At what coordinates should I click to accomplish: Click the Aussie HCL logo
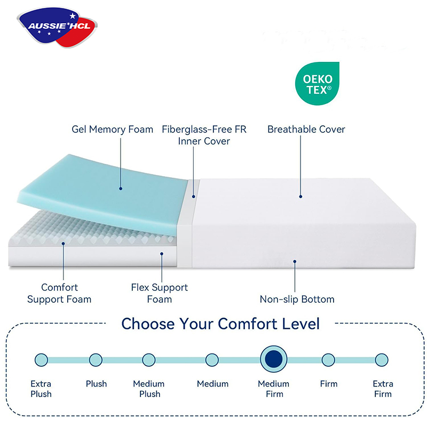pos(57,27)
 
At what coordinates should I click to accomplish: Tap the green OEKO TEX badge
pos(318,84)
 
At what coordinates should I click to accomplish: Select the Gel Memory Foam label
pos(112,129)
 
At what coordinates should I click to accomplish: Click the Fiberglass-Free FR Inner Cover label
pos(204,135)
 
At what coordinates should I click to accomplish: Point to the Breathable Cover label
pos(306,129)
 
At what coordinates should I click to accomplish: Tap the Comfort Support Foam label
pos(59,293)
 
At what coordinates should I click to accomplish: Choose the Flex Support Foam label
pos(160,293)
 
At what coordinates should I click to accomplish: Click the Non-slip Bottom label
pos(297,299)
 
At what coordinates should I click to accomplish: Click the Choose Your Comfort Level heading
pos(220,324)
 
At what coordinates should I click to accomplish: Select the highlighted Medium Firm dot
pos(274,359)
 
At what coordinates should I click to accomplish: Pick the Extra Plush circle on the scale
pos(42,360)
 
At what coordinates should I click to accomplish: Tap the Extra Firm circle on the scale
pos(382,360)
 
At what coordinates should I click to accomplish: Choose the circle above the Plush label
pos(96,360)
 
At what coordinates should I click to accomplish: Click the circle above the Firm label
pos(328,360)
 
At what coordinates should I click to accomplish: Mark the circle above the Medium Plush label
pos(149,360)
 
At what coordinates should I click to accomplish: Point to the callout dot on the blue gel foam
pos(121,188)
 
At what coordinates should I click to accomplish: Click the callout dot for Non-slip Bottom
pos(295,262)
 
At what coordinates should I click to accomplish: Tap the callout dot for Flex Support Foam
pos(162,254)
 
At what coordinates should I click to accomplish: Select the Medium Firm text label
pos(274,389)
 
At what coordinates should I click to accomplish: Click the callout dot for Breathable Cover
pos(301,196)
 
